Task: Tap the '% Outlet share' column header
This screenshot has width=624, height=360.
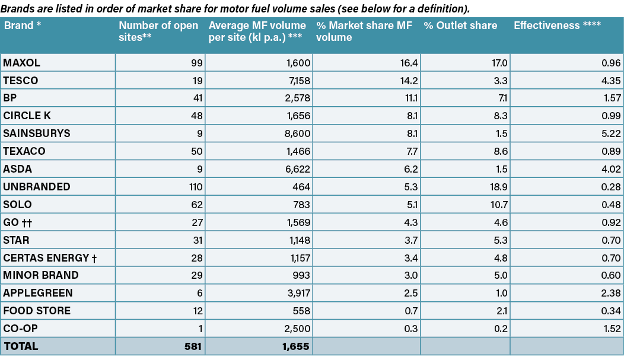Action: tap(460, 26)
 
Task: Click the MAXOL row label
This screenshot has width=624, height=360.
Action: tap(21, 63)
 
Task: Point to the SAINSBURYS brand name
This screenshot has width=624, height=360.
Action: tap(37, 133)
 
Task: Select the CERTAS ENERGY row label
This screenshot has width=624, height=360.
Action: tap(50, 258)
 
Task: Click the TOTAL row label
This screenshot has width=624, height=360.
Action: tap(21, 346)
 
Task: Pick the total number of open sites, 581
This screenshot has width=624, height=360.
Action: tap(193, 346)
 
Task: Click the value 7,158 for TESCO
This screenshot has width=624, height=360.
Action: tap(297, 81)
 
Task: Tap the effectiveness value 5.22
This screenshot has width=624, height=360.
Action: tap(611, 133)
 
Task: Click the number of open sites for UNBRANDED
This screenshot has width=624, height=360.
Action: tap(195, 187)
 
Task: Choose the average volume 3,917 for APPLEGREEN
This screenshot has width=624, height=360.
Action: tap(298, 293)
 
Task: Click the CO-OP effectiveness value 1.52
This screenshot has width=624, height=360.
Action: tap(612, 329)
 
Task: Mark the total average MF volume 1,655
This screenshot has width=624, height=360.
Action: tap(296, 346)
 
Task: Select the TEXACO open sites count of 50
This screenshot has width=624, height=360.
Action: tap(196, 151)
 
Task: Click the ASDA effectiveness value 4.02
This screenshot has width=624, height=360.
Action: tap(611, 169)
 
